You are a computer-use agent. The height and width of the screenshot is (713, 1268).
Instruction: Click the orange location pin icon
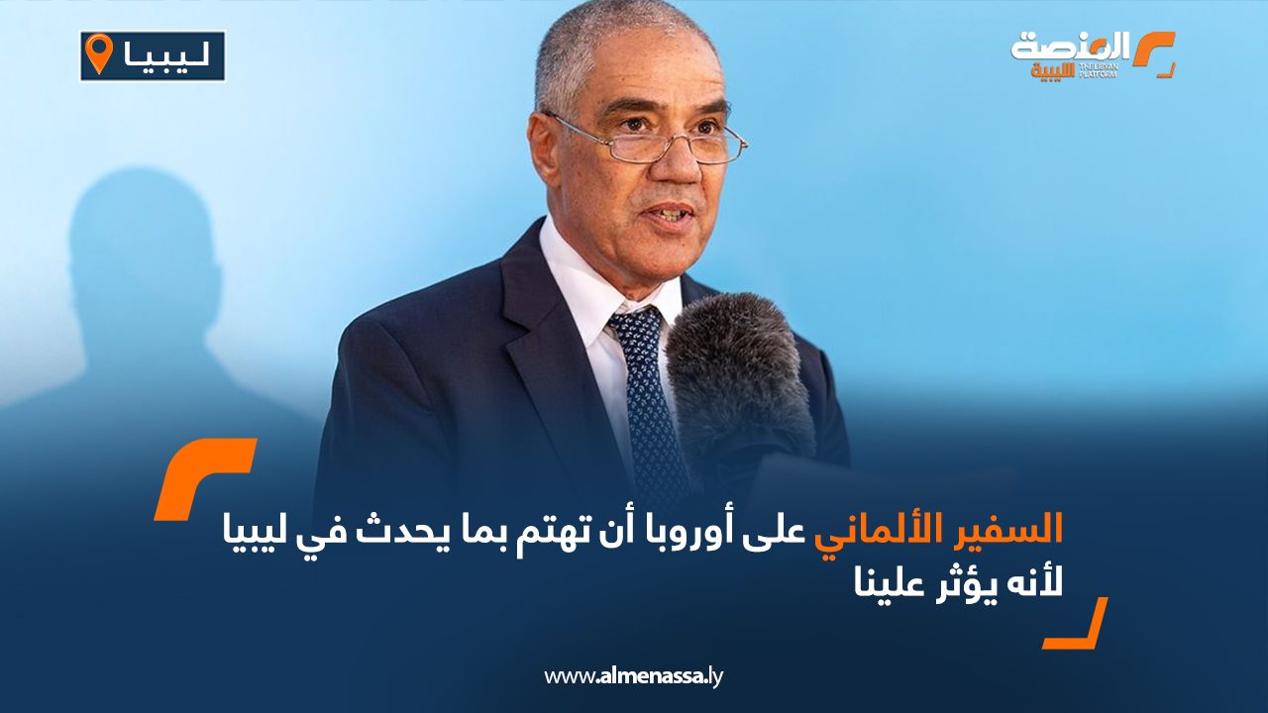(100, 53)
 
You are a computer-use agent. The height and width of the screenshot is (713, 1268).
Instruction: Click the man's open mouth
(671, 215)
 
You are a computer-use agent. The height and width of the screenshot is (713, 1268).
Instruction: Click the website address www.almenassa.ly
(633, 675)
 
